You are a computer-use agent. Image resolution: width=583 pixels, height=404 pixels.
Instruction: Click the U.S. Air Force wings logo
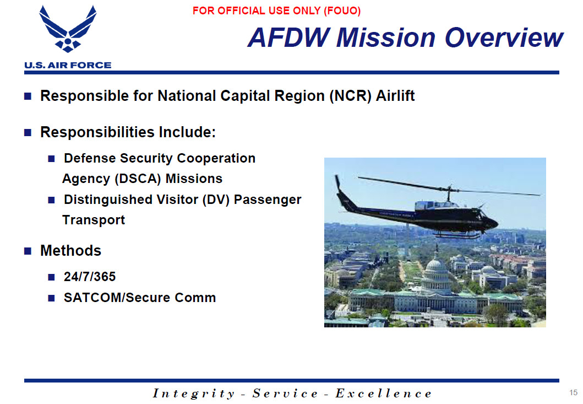pyautogui.click(x=68, y=29)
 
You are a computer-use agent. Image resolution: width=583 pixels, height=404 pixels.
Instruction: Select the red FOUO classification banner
pyautogui.click(x=276, y=11)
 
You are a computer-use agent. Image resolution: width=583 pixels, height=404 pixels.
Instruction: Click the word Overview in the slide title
pyautogui.click(x=504, y=37)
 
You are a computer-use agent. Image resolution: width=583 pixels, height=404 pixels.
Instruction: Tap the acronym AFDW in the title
pyautogui.click(x=289, y=37)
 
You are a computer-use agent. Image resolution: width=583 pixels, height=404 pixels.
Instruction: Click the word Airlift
pyautogui.click(x=395, y=96)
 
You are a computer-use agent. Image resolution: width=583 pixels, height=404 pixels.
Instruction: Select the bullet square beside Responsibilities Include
pyautogui.click(x=28, y=133)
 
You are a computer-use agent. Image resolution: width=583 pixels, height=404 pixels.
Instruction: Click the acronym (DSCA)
pyautogui.click(x=138, y=179)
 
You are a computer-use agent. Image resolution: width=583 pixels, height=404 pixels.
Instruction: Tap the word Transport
pyautogui.click(x=94, y=220)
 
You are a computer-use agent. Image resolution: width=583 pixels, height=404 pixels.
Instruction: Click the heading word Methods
pyautogui.click(x=70, y=251)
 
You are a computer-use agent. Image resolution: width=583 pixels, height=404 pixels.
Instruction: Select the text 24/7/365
pyautogui.click(x=90, y=277)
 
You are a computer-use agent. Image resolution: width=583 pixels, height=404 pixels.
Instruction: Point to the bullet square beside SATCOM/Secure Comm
pyautogui.click(x=52, y=298)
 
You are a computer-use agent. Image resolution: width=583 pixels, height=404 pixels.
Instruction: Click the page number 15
pyautogui.click(x=573, y=392)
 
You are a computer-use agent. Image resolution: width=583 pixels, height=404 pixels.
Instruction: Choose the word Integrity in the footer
pyautogui.click(x=194, y=394)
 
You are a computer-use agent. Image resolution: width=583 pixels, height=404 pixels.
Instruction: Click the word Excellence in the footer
pyautogui.click(x=383, y=394)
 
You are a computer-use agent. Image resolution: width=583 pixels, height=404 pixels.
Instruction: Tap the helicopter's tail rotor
pyautogui.click(x=337, y=183)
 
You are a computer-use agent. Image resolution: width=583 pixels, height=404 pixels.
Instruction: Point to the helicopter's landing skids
pyautogui.click(x=458, y=235)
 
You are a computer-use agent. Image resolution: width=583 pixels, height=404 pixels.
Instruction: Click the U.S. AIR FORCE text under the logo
pyautogui.click(x=68, y=65)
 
